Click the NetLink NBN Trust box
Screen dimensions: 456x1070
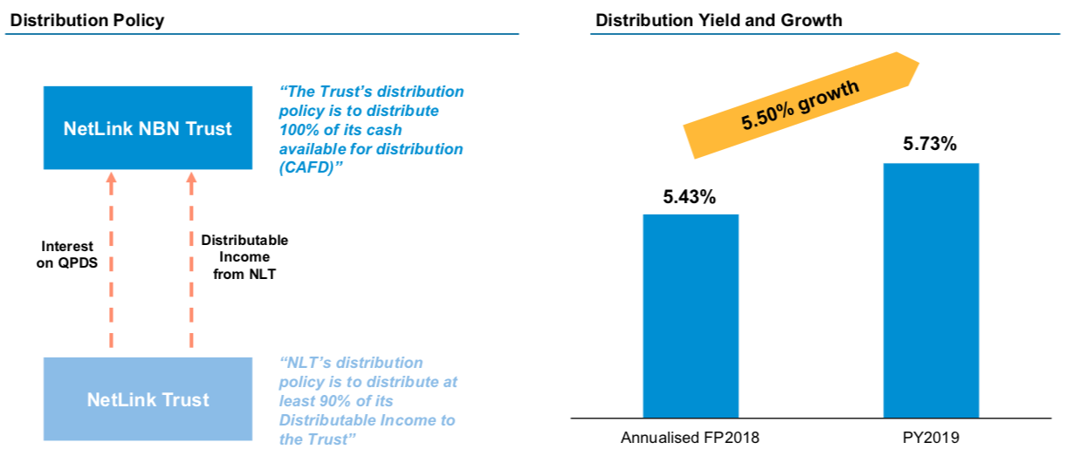tap(147, 128)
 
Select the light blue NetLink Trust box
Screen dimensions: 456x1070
tap(147, 399)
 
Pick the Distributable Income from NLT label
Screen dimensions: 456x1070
tap(243, 257)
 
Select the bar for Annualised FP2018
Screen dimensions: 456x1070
tap(690, 316)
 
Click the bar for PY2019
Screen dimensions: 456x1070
tap(930, 289)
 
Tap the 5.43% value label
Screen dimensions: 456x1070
tap(689, 197)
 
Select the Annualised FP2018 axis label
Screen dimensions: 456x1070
tap(690, 437)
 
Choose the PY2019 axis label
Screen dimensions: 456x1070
tap(930, 437)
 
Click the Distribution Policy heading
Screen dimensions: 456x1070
tap(86, 19)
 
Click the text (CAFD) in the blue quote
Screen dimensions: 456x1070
tap(307, 167)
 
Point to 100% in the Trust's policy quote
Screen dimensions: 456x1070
tap(298, 130)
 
